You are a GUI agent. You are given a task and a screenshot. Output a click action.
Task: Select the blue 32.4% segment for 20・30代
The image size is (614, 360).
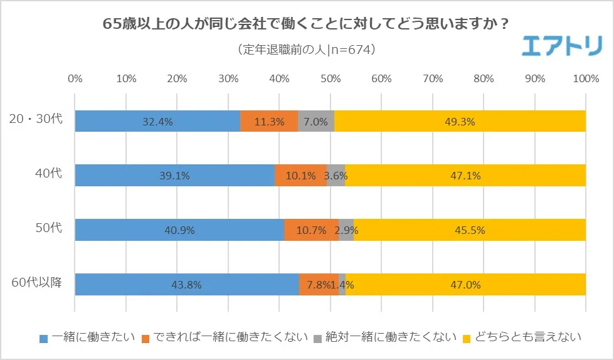click(x=157, y=121)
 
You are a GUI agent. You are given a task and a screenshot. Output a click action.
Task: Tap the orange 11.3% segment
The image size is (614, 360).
click(x=269, y=121)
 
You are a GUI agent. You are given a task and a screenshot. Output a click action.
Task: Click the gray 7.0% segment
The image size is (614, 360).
click(x=315, y=121)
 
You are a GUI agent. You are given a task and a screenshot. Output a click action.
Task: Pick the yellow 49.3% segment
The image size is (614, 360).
click(x=460, y=121)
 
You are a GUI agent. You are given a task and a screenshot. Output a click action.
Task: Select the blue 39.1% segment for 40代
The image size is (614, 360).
click(x=174, y=176)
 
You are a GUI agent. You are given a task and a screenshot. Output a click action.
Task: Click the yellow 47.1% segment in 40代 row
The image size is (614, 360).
click(x=465, y=176)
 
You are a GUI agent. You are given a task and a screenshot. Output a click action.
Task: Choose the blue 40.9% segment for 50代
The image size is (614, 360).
click(x=179, y=230)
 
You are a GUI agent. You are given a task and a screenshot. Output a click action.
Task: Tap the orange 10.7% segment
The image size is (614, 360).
click(x=311, y=230)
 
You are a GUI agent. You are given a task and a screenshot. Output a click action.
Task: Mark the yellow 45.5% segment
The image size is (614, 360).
click(x=469, y=230)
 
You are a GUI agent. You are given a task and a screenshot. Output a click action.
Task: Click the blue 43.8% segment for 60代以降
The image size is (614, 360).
click(x=187, y=284)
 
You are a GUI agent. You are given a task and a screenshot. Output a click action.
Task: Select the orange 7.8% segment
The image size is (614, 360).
click(x=319, y=284)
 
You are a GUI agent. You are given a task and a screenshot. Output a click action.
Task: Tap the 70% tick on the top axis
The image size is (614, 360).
click(x=433, y=79)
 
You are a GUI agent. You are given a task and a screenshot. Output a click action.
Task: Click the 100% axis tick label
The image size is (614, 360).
click(x=585, y=79)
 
